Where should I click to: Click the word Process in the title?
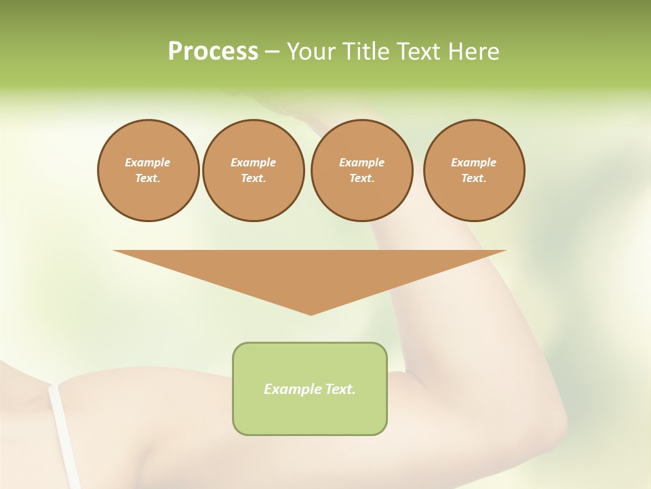[213, 52]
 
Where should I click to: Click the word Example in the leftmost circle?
[148, 162]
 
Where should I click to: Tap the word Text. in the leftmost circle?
[148, 178]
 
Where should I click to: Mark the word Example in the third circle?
[361, 162]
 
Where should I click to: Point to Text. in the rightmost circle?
[474, 178]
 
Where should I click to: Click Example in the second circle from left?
[253, 162]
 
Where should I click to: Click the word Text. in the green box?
[340, 389]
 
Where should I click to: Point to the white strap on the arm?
[64, 435]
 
